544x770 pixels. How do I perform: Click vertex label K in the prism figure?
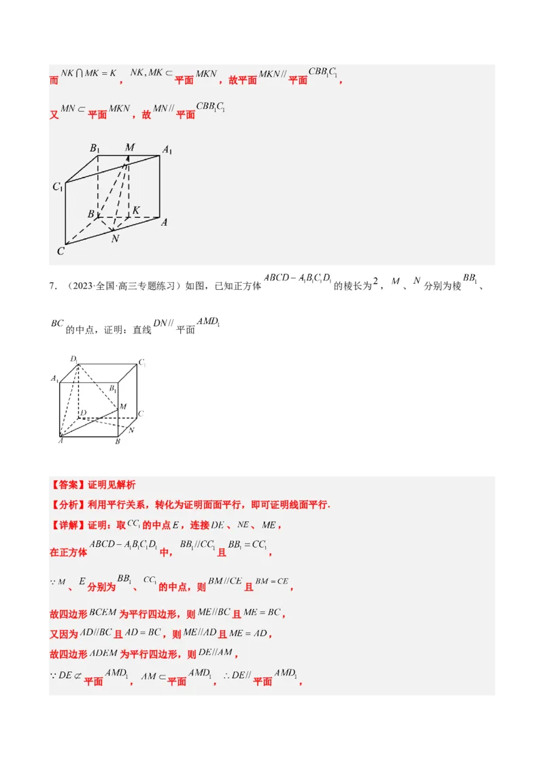click(136, 210)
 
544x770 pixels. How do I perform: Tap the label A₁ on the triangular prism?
click(167, 150)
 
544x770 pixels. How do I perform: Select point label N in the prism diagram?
click(115, 239)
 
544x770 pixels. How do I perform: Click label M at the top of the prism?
click(130, 148)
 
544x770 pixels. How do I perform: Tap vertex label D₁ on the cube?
click(73, 359)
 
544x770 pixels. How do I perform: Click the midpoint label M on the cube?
click(123, 406)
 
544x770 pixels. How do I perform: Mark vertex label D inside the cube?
click(83, 413)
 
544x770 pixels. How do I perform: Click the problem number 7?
click(52, 286)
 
